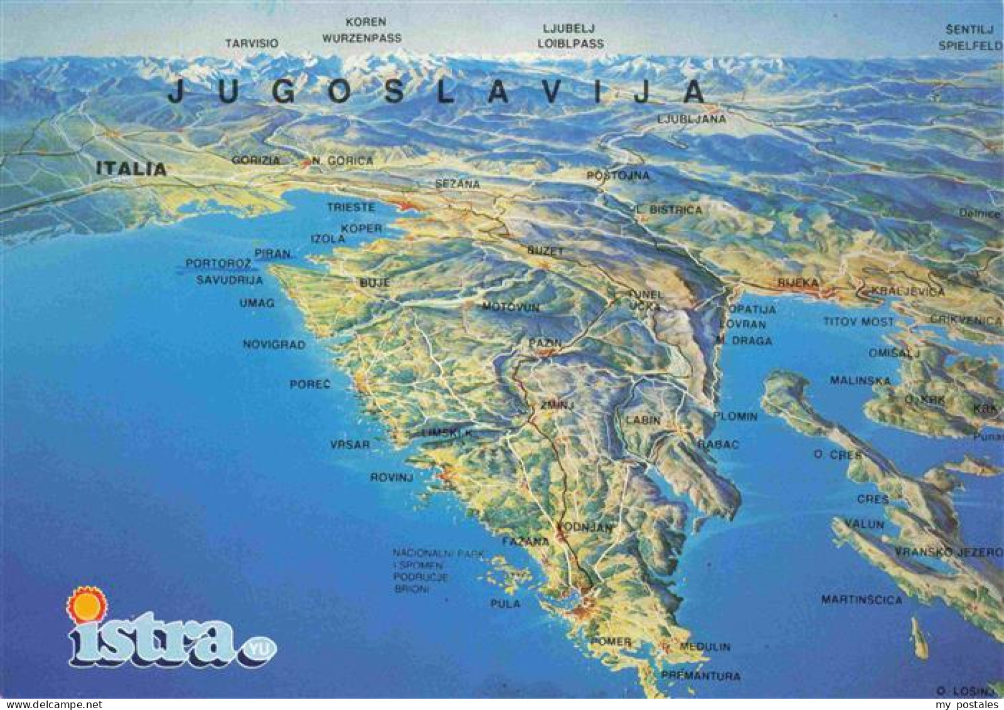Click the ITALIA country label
[x=131, y=168]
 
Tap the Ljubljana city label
[x=692, y=119]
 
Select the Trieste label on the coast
[x=351, y=207]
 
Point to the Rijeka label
[x=798, y=283]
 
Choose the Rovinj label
[x=392, y=478]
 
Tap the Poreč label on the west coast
[x=310, y=384]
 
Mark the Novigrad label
[x=274, y=345]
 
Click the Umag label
[x=257, y=303]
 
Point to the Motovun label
[x=511, y=308]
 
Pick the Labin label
[x=643, y=421]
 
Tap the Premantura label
[x=700, y=676]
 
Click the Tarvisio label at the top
[x=252, y=43]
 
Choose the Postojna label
[x=617, y=175]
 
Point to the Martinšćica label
[x=862, y=600]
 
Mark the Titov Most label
[x=858, y=322]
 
